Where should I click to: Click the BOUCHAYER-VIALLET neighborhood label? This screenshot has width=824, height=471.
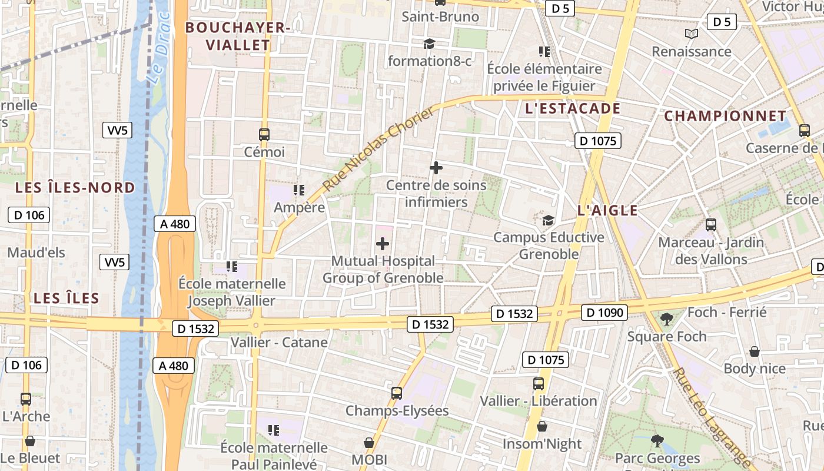(x=238, y=36)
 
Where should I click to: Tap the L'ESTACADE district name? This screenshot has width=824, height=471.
(x=572, y=108)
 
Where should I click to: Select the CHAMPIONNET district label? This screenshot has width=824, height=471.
(x=725, y=116)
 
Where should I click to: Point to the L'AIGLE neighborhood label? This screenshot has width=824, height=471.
(x=607, y=210)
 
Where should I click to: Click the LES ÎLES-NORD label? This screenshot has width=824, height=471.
(x=75, y=188)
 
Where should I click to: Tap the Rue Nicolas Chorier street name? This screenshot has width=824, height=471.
(x=378, y=150)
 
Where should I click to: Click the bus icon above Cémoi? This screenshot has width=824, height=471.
(x=264, y=135)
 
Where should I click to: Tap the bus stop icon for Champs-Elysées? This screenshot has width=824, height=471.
(x=397, y=393)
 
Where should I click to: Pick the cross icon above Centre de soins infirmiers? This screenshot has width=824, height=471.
(x=436, y=168)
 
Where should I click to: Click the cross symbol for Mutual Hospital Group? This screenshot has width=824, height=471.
(x=383, y=244)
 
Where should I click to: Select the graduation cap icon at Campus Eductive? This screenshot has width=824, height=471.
(x=548, y=220)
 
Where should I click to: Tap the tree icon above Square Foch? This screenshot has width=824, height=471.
(x=666, y=319)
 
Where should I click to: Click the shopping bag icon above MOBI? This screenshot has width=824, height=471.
(x=369, y=442)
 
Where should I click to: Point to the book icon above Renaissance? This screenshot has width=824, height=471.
(x=691, y=34)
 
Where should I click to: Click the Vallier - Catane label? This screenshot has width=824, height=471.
(x=279, y=342)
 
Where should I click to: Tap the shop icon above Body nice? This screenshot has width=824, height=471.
(x=754, y=351)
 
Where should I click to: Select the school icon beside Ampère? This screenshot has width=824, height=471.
(x=299, y=190)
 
